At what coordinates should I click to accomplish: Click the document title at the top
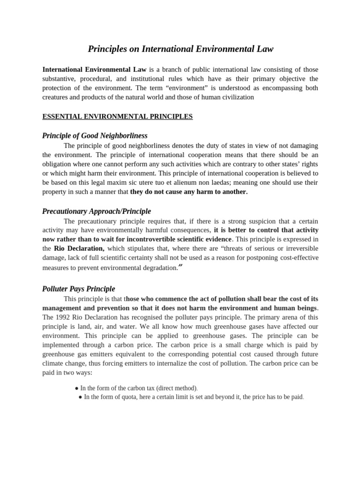[180, 49]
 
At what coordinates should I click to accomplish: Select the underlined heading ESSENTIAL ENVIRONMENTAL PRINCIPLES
[117, 116]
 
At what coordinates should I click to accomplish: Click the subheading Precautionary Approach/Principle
[97, 211]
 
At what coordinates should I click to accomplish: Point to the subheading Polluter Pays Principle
[78, 289]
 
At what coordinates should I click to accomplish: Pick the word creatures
[56, 97]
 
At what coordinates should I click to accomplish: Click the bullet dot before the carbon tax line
[76, 388]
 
